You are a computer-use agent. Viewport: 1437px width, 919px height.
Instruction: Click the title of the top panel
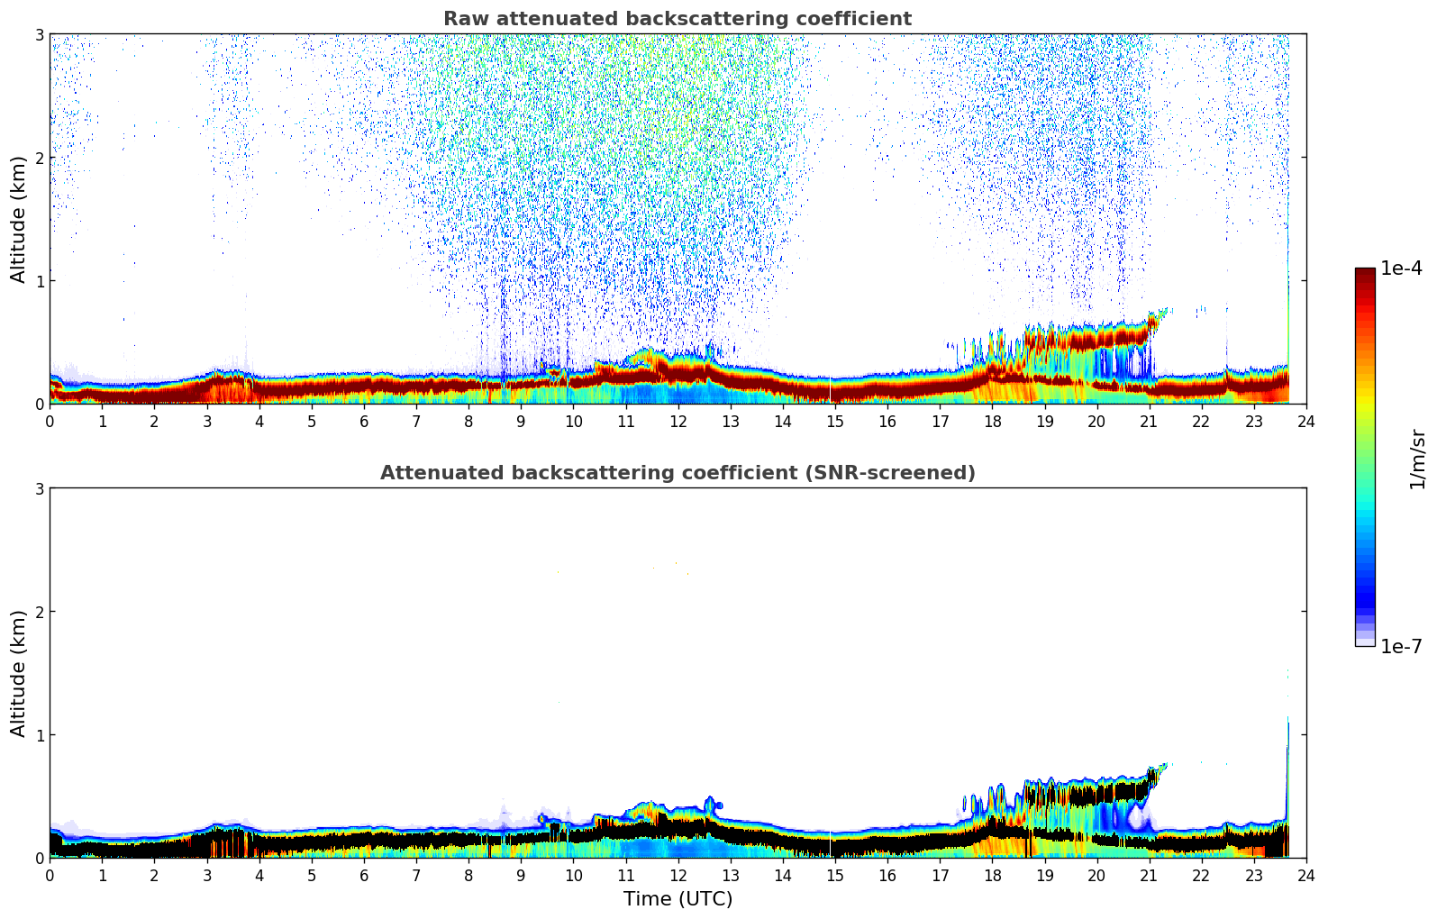pyautogui.click(x=678, y=19)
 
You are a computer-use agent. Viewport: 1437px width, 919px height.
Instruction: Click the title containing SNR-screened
pyautogui.click(x=678, y=473)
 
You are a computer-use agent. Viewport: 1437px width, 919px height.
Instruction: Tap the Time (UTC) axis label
pyautogui.click(x=678, y=899)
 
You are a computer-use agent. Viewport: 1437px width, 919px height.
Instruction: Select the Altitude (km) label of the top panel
pyautogui.click(x=19, y=219)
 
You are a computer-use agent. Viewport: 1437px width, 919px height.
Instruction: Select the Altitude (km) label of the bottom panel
pyautogui.click(x=19, y=673)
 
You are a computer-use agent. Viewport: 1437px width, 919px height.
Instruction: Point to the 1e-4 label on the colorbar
pyautogui.click(x=1401, y=268)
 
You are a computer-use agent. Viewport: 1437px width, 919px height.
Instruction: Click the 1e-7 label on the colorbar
pyautogui.click(x=1401, y=646)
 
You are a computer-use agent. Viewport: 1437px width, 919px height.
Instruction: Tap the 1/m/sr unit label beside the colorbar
pyautogui.click(x=1417, y=459)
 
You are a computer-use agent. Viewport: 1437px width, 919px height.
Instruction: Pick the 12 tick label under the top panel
pyautogui.click(x=678, y=422)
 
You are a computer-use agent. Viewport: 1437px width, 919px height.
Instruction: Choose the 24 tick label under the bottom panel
pyautogui.click(x=1306, y=876)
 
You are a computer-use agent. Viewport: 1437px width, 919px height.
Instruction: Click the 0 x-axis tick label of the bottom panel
pyautogui.click(x=50, y=876)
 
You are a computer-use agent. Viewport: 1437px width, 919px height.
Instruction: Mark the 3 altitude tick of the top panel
pyautogui.click(x=39, y=34)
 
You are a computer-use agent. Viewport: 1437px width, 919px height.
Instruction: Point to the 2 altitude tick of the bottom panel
pyautogui.click(x=39, y=612)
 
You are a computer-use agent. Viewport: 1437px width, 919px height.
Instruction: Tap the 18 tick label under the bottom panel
pyautogui.click(x=992, y=876)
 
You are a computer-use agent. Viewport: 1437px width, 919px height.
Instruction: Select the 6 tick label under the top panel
pyautogui.click(x=364, y=422)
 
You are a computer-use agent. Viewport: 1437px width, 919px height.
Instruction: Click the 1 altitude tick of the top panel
pyautogui.click(x=39, y=281)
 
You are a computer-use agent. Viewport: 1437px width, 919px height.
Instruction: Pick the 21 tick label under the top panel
pyautogui.click(x=1149, y=422)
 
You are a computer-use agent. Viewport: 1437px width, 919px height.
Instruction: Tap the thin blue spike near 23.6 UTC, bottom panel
pyautogui.click(x=1287, y=766)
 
